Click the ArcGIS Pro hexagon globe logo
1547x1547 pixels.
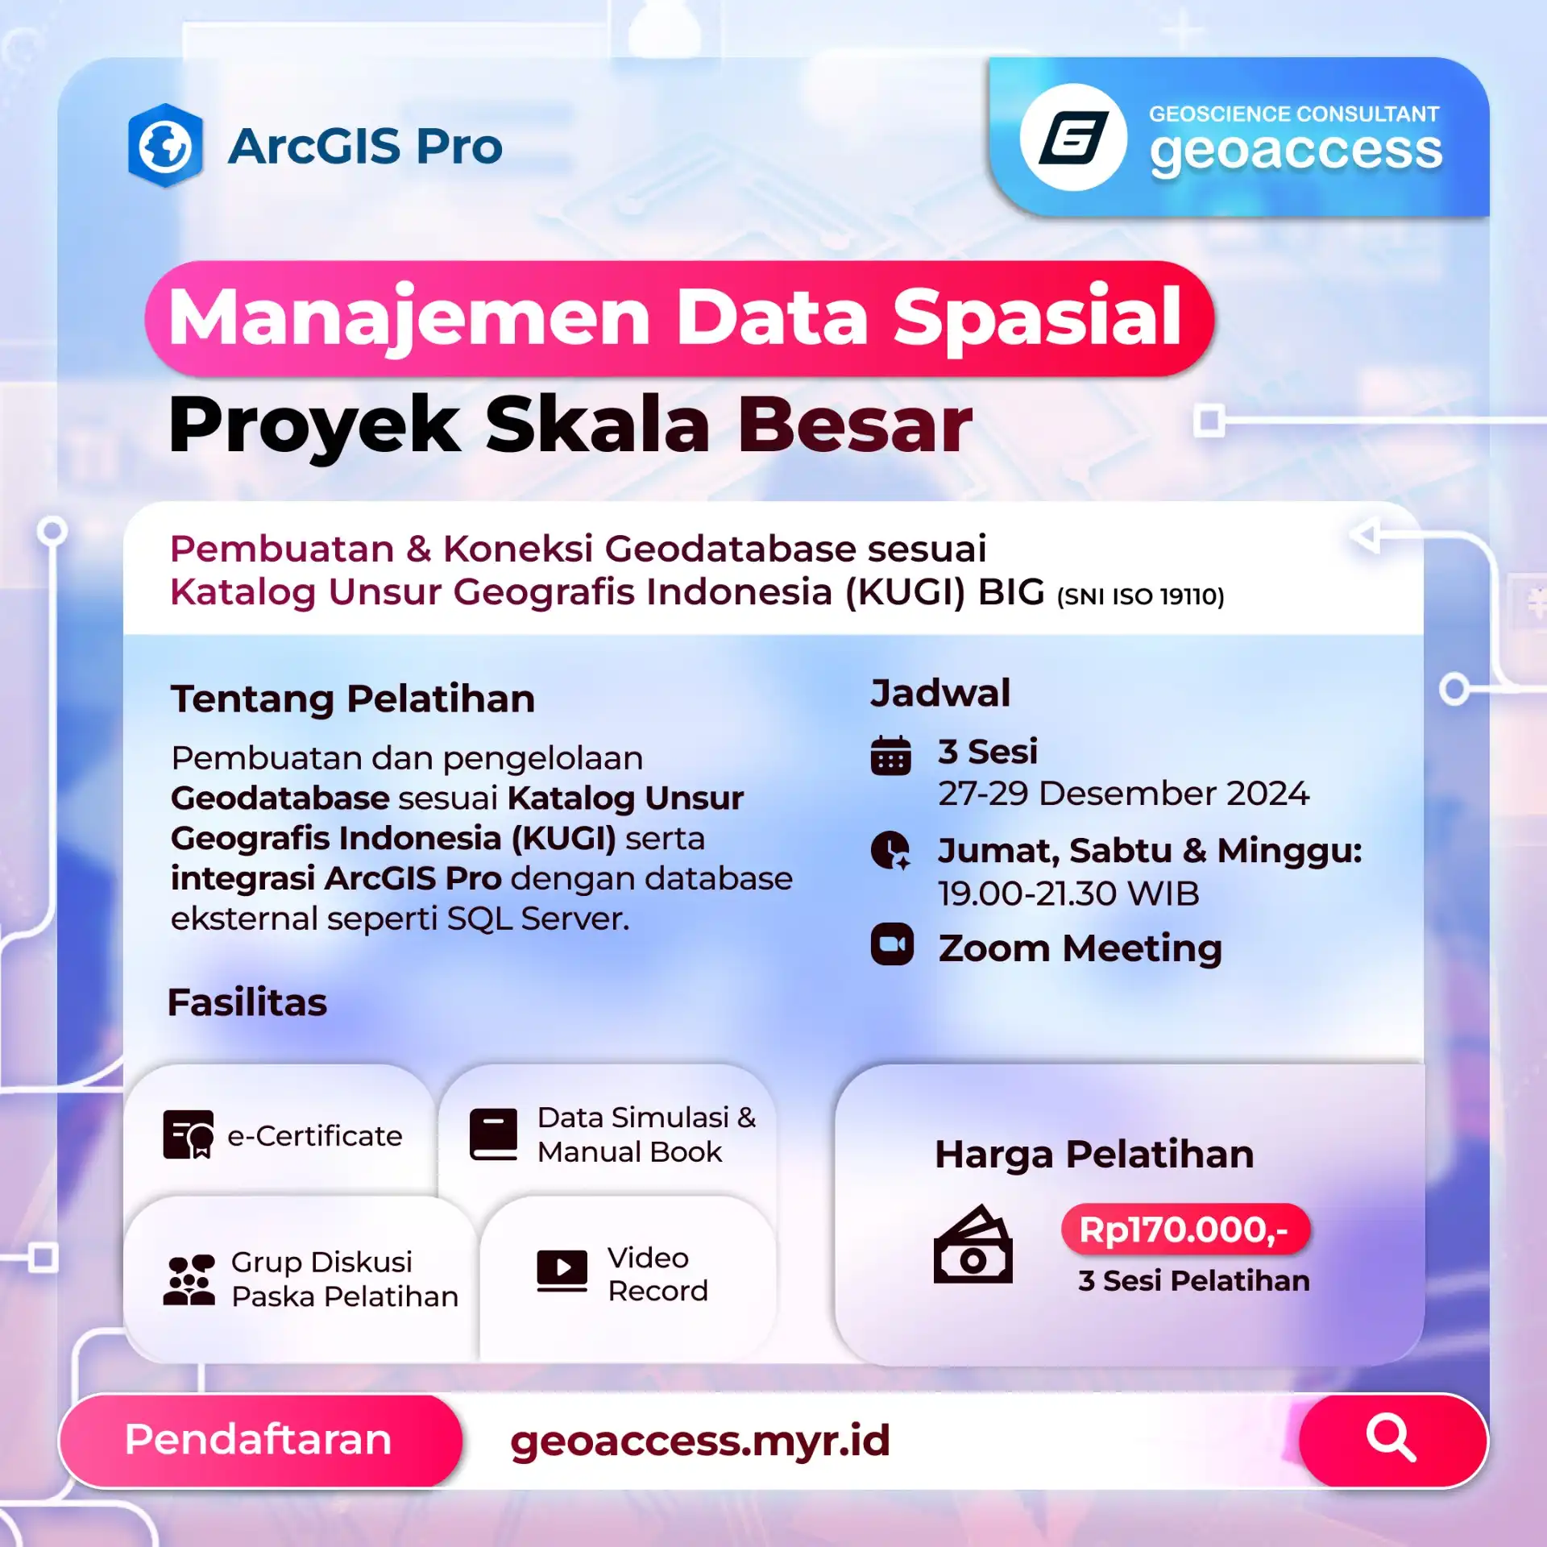[x=165, y=146]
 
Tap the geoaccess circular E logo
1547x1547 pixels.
[x=1073, y=138]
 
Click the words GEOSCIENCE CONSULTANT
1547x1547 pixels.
[x=1293, y=114]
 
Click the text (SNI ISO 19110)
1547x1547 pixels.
[x=1140, y=596]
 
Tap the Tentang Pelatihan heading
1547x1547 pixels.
[x=353, y=699]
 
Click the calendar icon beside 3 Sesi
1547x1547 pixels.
[x=891, y=756]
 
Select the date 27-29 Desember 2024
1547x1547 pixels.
[x=1123, y=794]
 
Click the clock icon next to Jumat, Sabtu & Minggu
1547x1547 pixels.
[x=891, y=850]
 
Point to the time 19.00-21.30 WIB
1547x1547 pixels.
[x=1068, y=894]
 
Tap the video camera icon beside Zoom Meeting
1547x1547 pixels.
[x=892, y=944]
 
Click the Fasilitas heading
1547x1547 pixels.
[x=247, y=1002]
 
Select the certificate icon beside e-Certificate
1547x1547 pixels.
[x=189, y=1134]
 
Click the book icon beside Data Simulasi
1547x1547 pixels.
[x=493, y=1134]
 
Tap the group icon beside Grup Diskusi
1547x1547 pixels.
[x=189, y=1279]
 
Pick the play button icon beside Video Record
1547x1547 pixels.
[x=562, y=1271]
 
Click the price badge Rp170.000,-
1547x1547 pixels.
[x=1185, y=1230]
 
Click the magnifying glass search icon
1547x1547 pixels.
[x=1391, y=1437]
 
